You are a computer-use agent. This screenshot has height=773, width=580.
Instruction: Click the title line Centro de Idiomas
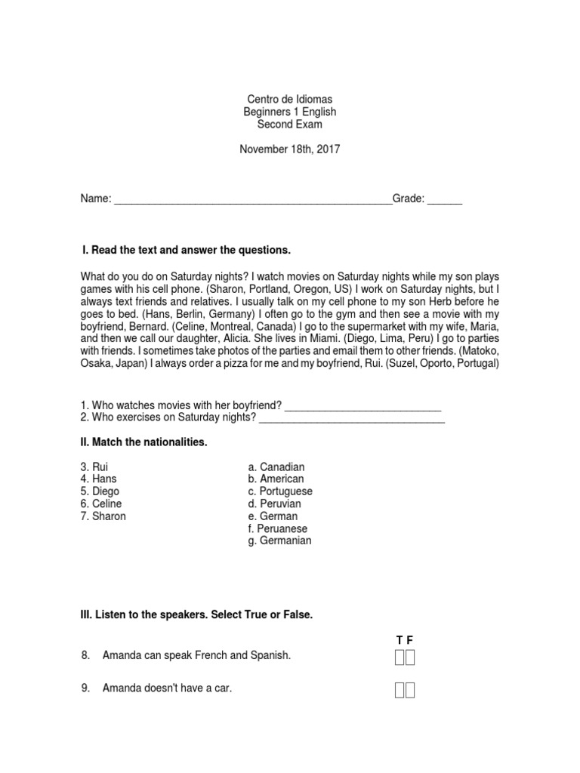coord(289,99)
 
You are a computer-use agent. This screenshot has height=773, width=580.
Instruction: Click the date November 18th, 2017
coord(289,149)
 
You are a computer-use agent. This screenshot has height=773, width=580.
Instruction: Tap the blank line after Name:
coord(252,201)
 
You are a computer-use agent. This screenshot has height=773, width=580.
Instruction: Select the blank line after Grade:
coord(445,201)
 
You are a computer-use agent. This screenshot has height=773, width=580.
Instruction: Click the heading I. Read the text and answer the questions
coord(186,250)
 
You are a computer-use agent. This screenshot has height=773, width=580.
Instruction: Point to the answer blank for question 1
coord(362,408)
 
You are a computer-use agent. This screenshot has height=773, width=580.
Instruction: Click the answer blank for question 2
coord(352,420)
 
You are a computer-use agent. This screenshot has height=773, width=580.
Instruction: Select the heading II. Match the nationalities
coord(143,442)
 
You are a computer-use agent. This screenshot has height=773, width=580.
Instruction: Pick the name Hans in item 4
coord(104,479)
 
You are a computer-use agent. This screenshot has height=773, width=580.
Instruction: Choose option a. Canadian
coord(276,467)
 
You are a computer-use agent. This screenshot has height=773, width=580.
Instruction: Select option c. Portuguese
coord(279,491)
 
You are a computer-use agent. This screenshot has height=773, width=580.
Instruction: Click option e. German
coord(273,516)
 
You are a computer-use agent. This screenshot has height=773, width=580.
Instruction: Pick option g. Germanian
coord(279,540)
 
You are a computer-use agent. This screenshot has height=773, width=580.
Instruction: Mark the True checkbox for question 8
coord(399,658)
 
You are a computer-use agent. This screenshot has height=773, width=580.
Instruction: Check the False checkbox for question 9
coord(410,689)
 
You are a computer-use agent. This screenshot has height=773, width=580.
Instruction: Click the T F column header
coord(405,640)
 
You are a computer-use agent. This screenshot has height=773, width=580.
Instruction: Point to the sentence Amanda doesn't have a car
coord(167,688)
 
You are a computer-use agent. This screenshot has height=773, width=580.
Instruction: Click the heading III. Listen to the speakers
coord(196,615)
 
